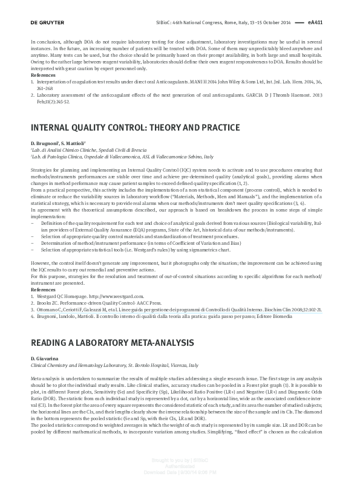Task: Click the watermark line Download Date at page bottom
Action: [179, 472]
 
